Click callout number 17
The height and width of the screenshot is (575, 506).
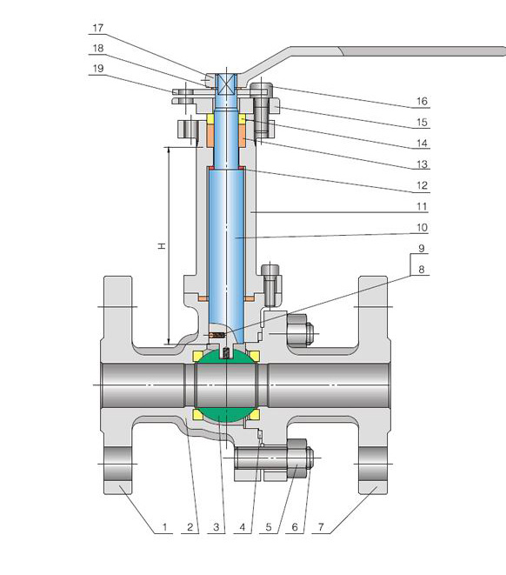pyautogui.click(x=98, y=28)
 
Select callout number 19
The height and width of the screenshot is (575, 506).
pyautogui.click(x=98, y=68)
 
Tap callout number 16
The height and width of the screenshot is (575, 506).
pyautogui.click(x=422, y=101)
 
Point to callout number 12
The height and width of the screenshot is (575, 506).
pyautogui.click(x=422, y=185)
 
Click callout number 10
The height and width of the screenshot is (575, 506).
pyautogui.click(x=422, y=228)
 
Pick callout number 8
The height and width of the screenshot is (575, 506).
pyautogui.click(x=422, y=270)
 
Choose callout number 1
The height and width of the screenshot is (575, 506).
pyautogui.click(x=164, y=527)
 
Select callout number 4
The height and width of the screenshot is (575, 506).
pyautogui.click(x=243, y=527)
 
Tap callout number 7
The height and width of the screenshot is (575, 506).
pyautogui.click(x=321, y=527)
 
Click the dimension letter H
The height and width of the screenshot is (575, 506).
pyautogui.click(x=162, y=245)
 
